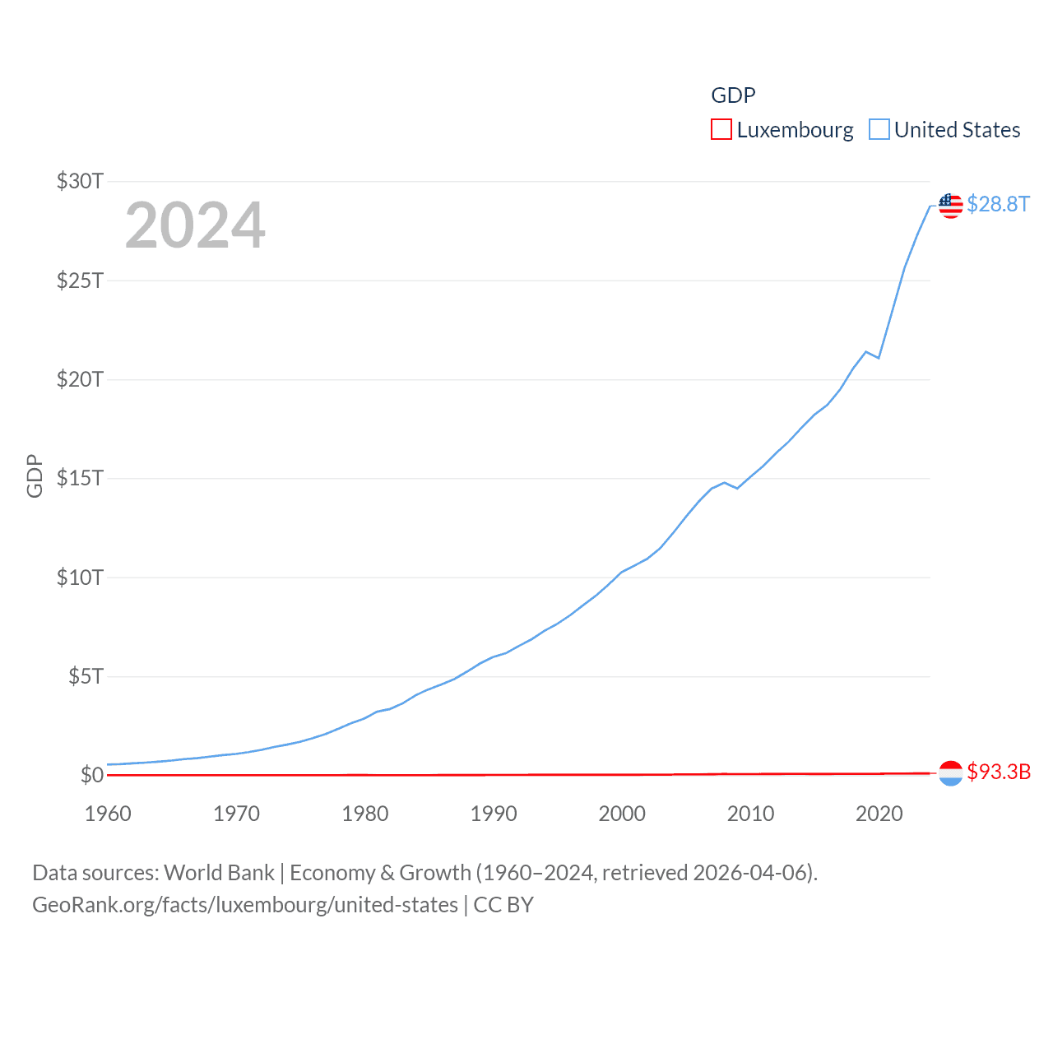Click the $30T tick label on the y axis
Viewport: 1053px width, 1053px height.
(80, 181)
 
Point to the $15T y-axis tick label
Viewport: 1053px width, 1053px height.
(80, 478)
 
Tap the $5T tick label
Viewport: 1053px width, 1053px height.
(86, 676)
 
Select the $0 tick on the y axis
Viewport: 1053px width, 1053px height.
(91, 775)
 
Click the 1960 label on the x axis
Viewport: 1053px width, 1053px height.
(108, 814)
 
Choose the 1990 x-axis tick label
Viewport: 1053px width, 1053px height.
(494, 814)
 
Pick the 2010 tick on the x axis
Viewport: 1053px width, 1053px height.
(750, 814)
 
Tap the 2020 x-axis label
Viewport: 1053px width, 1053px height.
(879, 814)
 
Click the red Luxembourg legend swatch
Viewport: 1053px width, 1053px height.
(721, 130)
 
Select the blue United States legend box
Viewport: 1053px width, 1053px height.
(879, 130)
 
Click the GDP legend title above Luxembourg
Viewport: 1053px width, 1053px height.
(733, 95)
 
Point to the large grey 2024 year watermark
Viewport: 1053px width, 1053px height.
(195, 225)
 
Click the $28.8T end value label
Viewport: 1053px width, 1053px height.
(998, 204)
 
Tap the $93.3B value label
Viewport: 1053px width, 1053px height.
(999, 772)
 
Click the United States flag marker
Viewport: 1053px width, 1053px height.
(951, 206)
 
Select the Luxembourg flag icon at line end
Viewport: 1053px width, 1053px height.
(950, 773)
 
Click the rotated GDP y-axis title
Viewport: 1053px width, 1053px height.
(35, 475)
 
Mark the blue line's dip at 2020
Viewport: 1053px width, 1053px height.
(879, 358)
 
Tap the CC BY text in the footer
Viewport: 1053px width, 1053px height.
(503, 905)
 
